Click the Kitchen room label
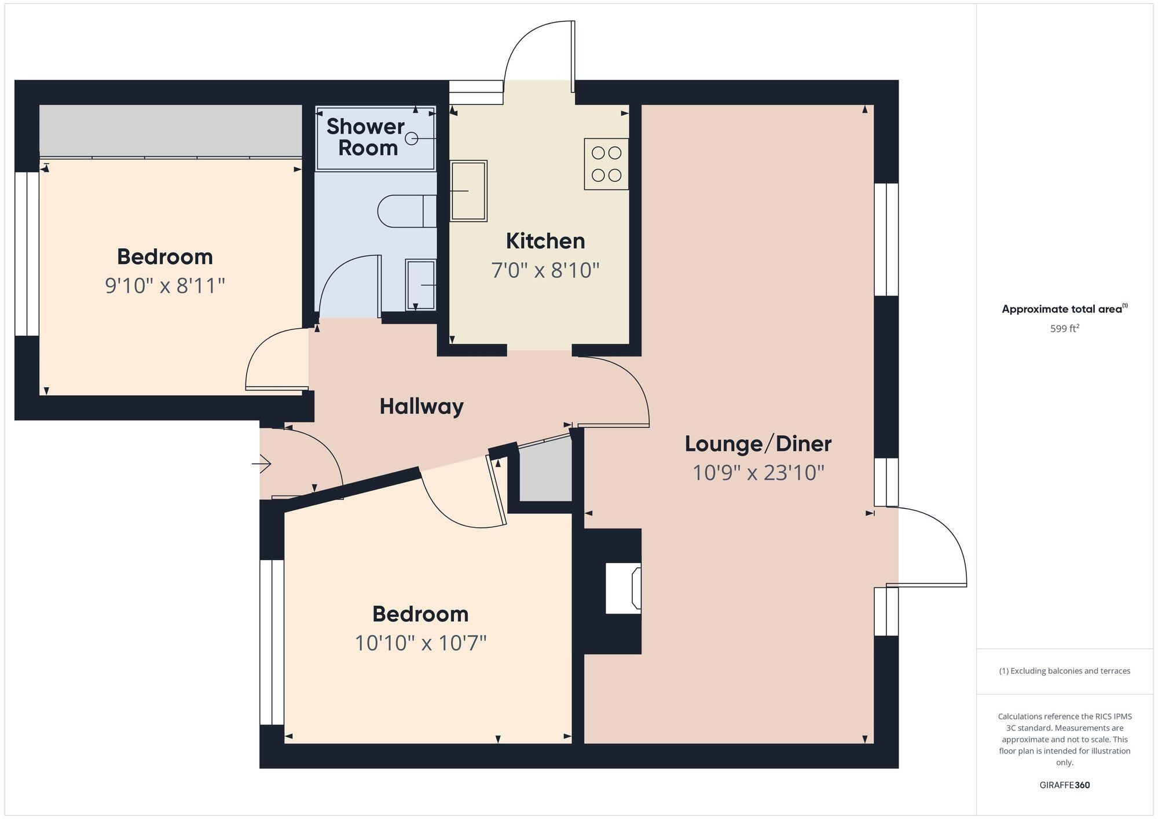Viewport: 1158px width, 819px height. pyautogui.click(x=545, y=241)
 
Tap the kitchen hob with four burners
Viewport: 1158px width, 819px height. pyautogui.click(x=606, y=164)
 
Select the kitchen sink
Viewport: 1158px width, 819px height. pyautogui.click(x=468, y=191)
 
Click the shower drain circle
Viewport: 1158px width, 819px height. pyautogui.click(x=412, y=138)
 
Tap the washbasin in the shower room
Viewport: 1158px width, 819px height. pyautogui.click(x=421, y=285)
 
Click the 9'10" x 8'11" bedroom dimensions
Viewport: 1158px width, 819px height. pyautogui.click(x=164, y=285)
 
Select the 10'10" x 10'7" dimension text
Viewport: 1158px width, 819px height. pyautogui.click(x=420, y=642)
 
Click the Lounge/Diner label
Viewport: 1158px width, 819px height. pyautogui.click(x=757, y=444)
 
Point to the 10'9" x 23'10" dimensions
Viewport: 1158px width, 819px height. pyautogui.click(x=758, y=473)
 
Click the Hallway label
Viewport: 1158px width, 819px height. pyautogui.click(x=422, y=406)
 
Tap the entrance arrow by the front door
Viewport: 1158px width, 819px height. pyautogui.click(x=262, y=464)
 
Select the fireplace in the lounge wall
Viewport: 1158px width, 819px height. pyautogui.click(x=623, y=588)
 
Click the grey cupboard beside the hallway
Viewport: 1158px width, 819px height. pyautogui.click(x=545, y=472)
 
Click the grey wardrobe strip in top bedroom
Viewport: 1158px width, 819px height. pyautogui.click(x=170, y=130)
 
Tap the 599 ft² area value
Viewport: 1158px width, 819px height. pyautogui.click(x=1064, y=329)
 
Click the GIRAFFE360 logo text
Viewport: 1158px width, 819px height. pyautogui.click(x=1064, y=785)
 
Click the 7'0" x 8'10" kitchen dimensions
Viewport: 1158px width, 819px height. pyautogui.click(x=545, y=270)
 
